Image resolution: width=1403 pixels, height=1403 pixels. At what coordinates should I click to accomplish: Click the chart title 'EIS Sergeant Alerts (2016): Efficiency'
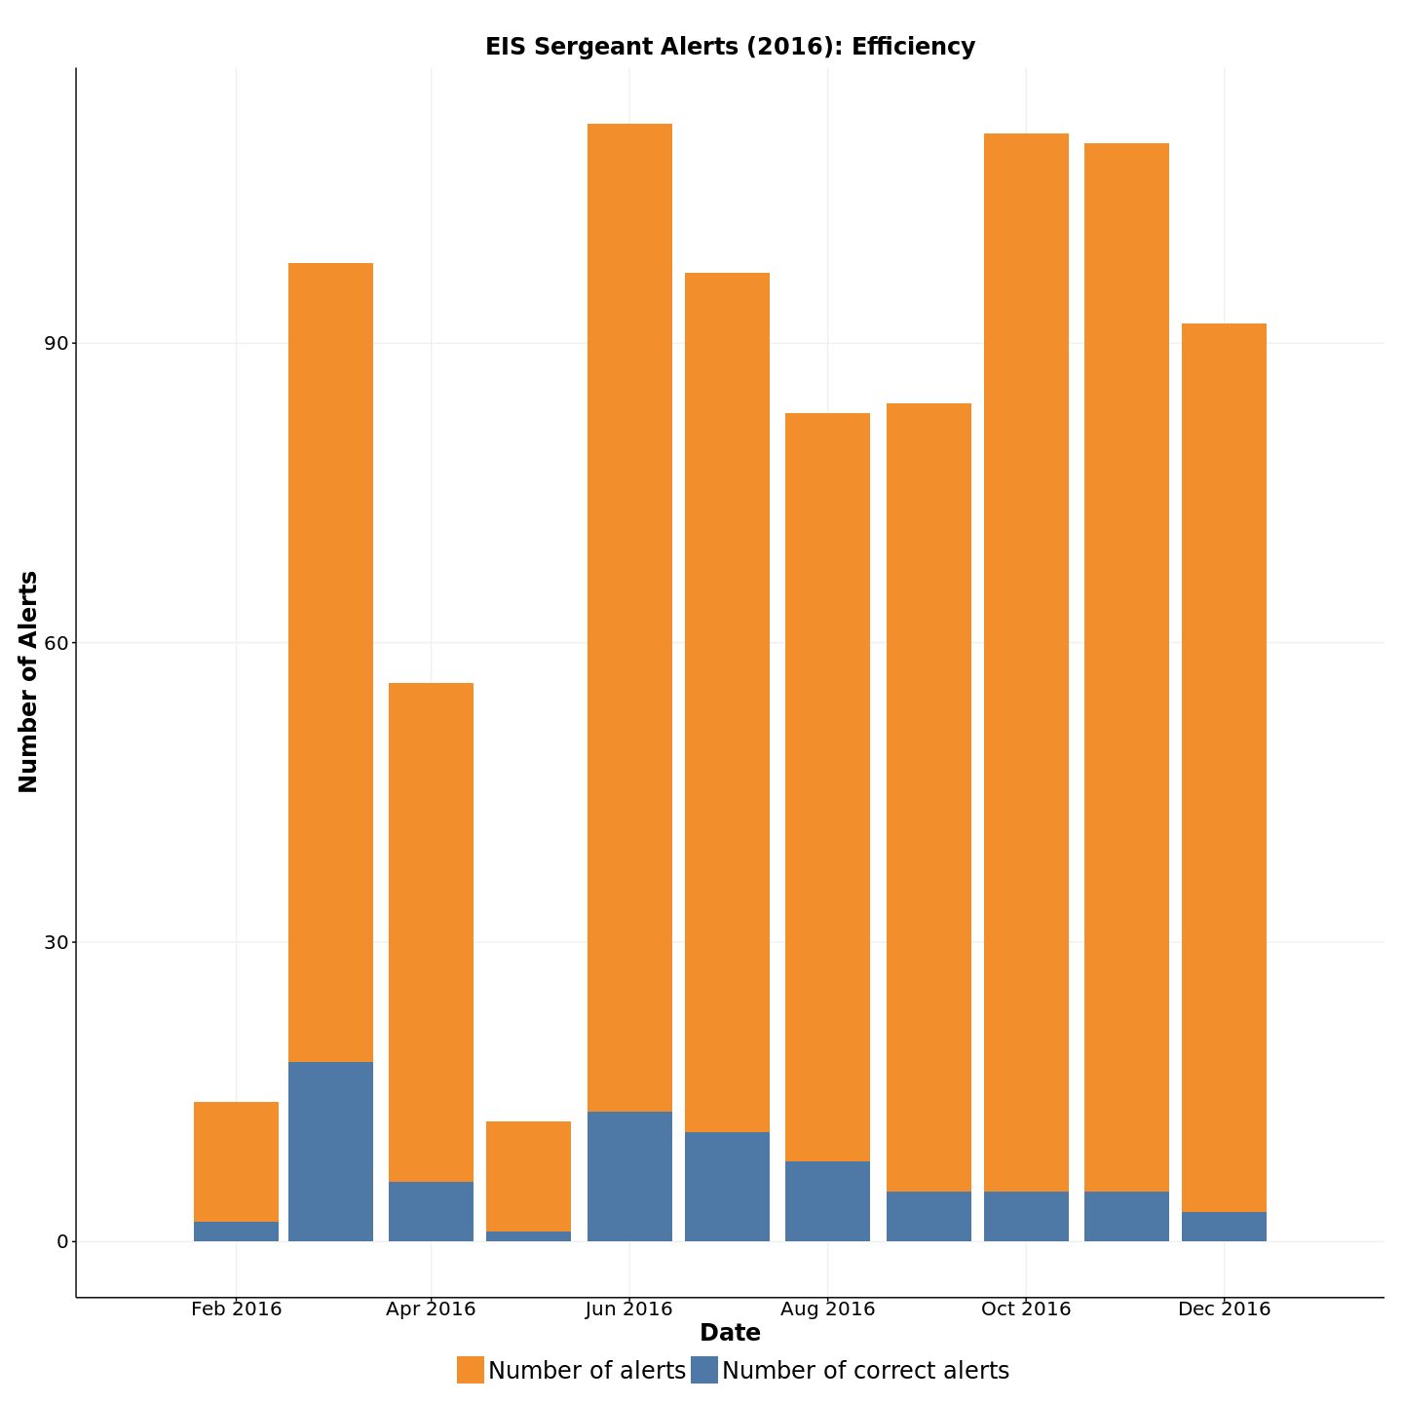[x=730, y=47]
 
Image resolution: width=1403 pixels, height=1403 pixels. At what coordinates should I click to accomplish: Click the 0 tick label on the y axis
[x=62, y=1242]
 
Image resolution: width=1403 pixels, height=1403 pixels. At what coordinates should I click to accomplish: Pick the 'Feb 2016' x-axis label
[x=236, y=1308]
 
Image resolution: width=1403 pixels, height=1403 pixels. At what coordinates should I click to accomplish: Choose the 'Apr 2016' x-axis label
[x=431, y=1308]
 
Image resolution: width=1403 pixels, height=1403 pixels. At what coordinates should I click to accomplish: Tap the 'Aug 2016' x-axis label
[x=827, y=1308]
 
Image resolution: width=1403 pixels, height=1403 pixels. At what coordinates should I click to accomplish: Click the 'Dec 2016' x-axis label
[x=1224, y=1308]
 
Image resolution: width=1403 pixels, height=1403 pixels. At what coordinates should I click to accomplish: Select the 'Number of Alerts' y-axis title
[x=28, y=682]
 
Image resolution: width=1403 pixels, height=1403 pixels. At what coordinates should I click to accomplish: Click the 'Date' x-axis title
[x=730, y=1333]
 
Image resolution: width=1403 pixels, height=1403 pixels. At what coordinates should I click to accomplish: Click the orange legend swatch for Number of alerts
[x=471, y=1370]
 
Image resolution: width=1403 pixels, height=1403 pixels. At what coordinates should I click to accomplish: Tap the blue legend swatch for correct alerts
[x=704, y=1370]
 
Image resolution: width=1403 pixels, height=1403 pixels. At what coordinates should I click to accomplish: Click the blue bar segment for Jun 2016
[x=629, y=1176]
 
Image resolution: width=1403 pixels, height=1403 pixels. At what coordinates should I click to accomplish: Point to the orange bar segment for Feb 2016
[x=236, y=1161]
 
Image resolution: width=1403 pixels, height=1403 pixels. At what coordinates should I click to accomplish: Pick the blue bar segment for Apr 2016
[x=431, y=1211]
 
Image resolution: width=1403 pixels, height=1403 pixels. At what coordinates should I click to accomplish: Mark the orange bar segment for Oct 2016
[x=1026, y=663]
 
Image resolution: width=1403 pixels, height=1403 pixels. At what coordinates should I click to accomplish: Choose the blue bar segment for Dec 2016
[x=1224, y=1227]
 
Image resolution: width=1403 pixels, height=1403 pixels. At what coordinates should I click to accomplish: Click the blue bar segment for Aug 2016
[x=827, y=1201]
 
